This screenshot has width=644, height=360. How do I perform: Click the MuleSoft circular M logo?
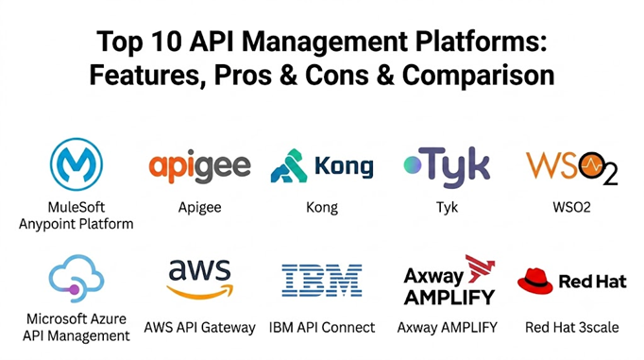76,164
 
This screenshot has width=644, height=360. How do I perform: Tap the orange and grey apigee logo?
199,167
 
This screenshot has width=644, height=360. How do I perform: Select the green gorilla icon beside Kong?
289,165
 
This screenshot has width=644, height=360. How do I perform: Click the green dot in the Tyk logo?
413,164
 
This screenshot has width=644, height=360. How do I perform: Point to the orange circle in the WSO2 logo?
592,165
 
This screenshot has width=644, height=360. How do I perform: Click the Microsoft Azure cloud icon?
76,278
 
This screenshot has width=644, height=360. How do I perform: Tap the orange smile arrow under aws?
199,291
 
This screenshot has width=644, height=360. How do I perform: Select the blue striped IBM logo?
322,281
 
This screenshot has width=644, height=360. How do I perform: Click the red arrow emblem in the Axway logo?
480,268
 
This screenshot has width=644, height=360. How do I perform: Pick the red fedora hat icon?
534,281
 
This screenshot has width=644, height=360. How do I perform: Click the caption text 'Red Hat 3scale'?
571,328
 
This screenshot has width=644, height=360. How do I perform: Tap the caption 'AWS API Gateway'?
199,328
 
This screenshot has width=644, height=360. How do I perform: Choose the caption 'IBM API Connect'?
322,328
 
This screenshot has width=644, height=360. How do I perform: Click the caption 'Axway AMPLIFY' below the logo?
448,328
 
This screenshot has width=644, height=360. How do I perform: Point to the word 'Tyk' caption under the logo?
447,208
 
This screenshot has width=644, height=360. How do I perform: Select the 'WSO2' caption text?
571,207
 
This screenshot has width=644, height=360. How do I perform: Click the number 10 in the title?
166,42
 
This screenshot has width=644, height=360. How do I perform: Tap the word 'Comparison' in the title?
478,76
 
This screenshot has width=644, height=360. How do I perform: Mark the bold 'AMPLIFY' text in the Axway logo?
449,297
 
